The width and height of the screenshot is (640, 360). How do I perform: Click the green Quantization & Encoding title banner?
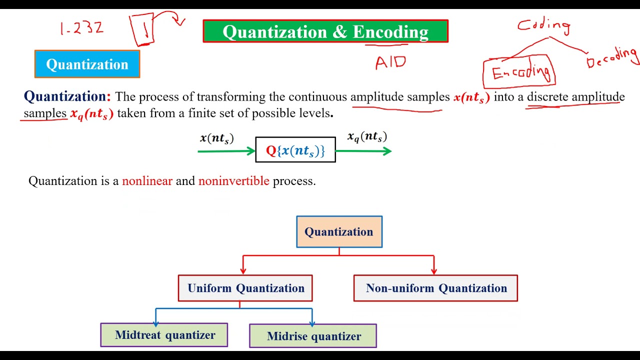[x=325, y=31]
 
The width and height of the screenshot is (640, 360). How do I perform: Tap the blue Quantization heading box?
[x=87, y=64]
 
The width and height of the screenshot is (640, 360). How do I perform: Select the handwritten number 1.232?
[x=81, y=28]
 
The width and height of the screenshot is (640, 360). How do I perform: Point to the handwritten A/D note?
[x=390, y=62]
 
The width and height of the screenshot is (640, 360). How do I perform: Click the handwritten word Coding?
[x=544, y=25]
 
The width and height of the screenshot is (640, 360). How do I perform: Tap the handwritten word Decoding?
[x=613, y=58]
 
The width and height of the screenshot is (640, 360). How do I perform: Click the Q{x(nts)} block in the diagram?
[x=295, y=150]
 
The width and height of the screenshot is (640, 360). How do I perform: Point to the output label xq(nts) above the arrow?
[x=367, y=137]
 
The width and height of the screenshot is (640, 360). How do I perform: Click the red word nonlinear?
[x=147, y=181]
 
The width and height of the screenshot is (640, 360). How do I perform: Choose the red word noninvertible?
[x=233, y=181]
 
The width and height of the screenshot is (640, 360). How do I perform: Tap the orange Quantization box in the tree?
[x=339, y=232]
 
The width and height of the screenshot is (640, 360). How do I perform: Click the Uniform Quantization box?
[x=245, y=288]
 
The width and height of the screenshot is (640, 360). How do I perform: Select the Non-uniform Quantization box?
[x=435, y=288]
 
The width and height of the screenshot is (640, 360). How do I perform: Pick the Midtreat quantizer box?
[x=164, y=335]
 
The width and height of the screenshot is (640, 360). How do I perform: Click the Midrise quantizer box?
[x=313, y=336]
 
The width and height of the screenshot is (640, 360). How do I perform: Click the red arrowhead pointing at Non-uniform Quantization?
[x=433, y=270]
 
